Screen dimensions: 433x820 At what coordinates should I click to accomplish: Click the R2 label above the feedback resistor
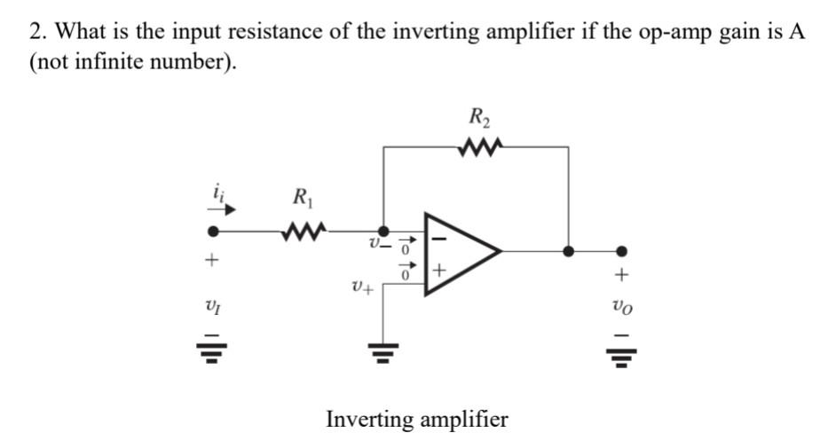coord(480,116)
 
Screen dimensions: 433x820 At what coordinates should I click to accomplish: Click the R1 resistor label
coord(302,198)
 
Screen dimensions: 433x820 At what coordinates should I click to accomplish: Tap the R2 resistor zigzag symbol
coord(480,144)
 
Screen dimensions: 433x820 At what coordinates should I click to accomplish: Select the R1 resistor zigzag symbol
coord(302,234)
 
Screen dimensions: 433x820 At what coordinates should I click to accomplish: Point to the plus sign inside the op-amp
coord(440,268)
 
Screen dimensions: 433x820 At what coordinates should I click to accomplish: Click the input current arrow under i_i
coord(225,210)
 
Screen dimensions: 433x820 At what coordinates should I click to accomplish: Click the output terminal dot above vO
coord(622,251)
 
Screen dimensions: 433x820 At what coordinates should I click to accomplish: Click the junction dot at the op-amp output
coord(568,251)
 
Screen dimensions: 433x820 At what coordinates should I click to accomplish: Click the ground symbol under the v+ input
coord(382,355)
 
